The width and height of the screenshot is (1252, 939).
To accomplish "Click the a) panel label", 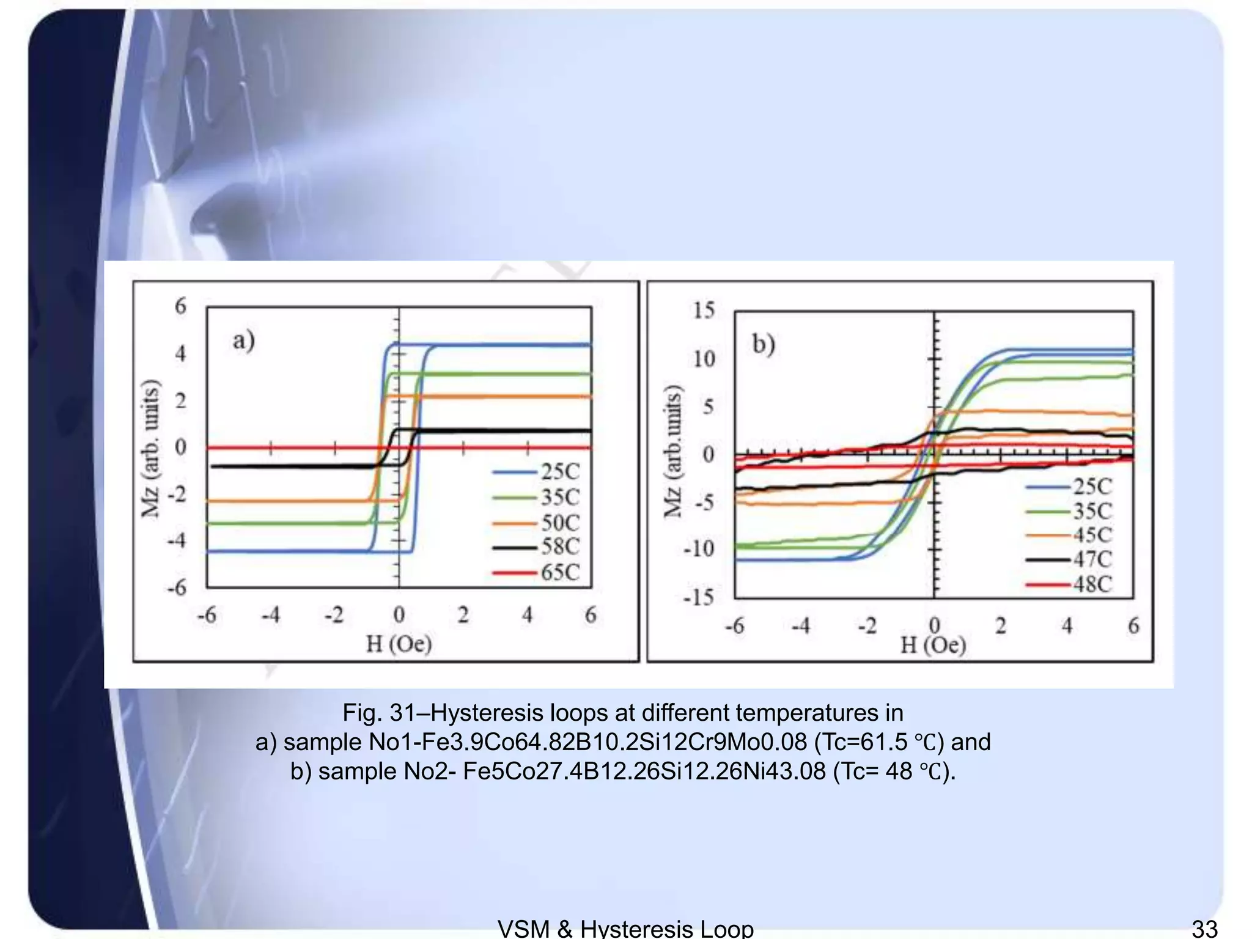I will click(243, 341).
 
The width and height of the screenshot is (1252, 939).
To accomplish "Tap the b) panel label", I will click(764, 344).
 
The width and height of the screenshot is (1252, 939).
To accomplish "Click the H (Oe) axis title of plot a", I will click(399, 644).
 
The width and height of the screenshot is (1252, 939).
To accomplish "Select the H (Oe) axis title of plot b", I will click(933, 645).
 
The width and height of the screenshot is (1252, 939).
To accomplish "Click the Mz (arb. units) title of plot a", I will click(150, 448).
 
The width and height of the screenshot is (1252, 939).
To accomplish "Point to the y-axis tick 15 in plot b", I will click(704, 311).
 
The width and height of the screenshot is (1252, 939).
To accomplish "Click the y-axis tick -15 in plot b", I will click(699, 596).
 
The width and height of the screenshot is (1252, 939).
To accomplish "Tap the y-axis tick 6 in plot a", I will click(180, 306).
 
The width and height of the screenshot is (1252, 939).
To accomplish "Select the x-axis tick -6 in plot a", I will click(207, 615).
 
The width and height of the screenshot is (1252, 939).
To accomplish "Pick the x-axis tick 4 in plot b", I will click(1067, 625).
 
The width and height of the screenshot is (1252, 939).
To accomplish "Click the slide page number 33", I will click(1204, 928).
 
